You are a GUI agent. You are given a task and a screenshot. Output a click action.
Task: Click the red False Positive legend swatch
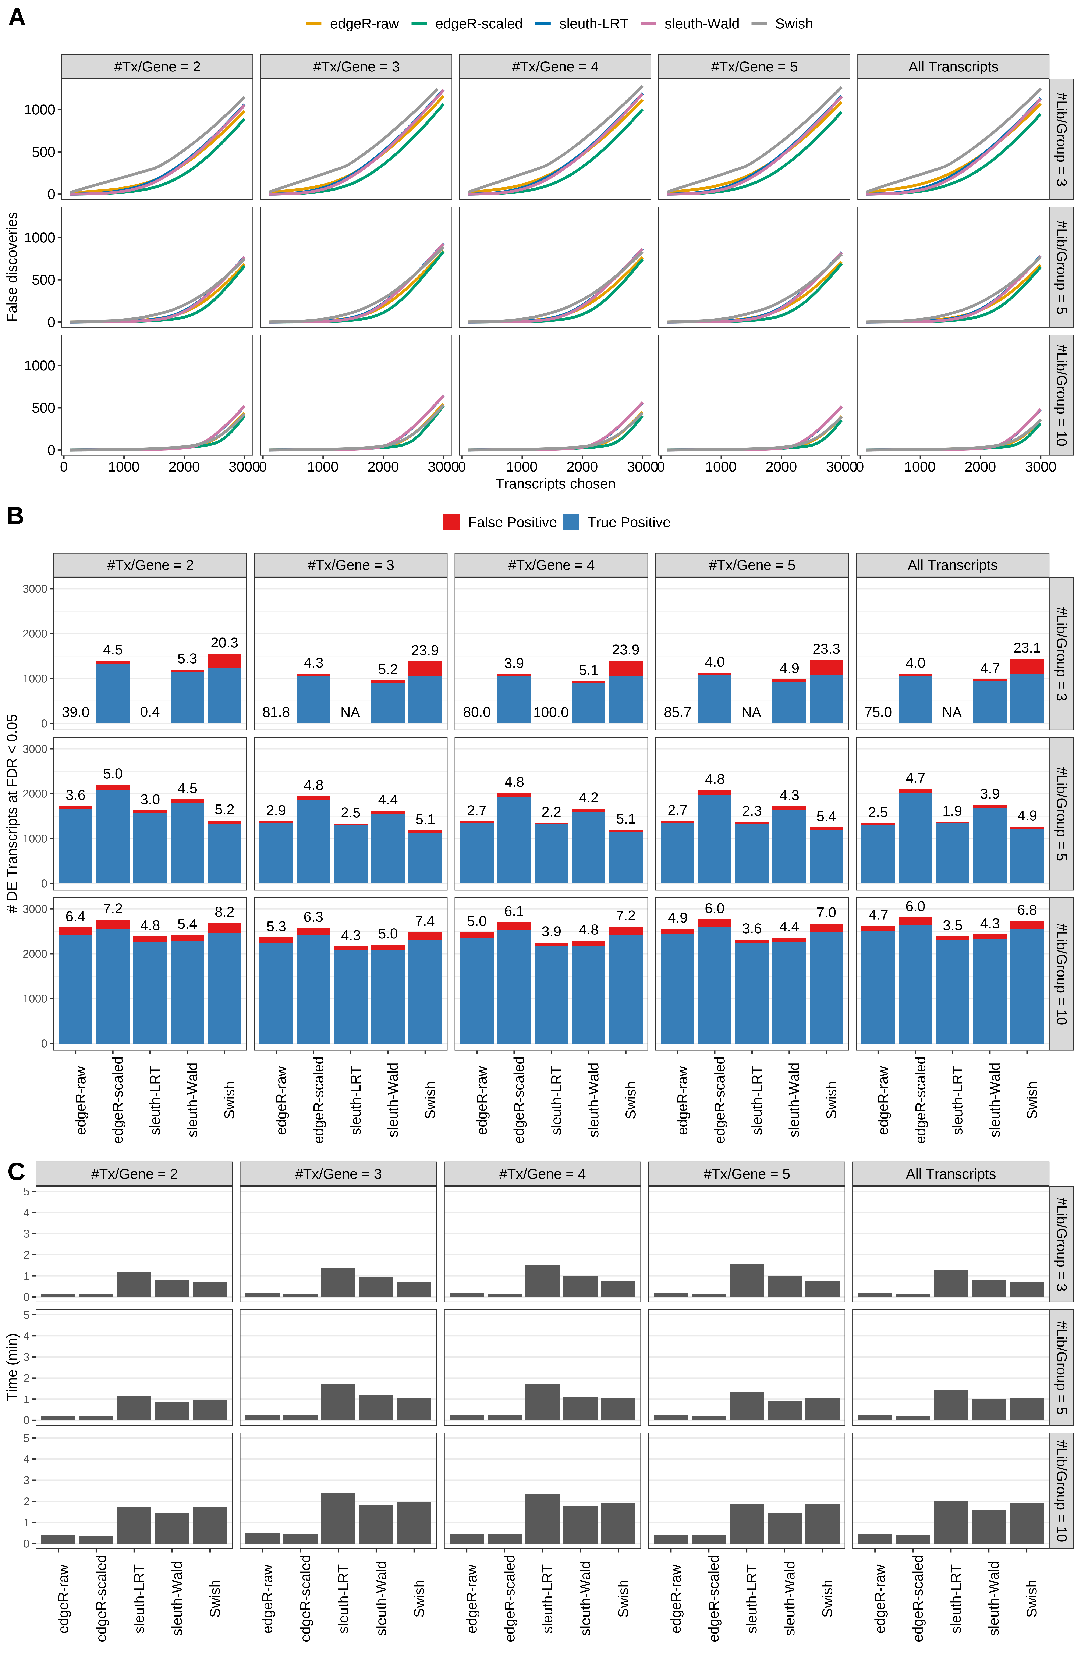[x=451, y=522]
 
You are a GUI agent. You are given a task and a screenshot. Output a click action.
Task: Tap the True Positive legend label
[x=628, y=522]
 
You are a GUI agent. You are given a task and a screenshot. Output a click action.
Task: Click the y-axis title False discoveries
[x=12, y=267]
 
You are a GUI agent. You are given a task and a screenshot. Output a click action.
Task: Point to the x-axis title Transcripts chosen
[x=555, y=484]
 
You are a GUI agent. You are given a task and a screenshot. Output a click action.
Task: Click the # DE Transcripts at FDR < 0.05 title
[x=12, y=813]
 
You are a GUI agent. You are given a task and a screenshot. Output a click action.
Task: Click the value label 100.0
[x=551, y=712]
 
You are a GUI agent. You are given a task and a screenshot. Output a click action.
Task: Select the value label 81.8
[x=276, y=712]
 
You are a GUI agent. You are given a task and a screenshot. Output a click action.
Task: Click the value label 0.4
[x=150, y=712]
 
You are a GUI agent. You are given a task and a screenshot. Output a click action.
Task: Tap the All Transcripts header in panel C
[x=950, y=1174]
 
